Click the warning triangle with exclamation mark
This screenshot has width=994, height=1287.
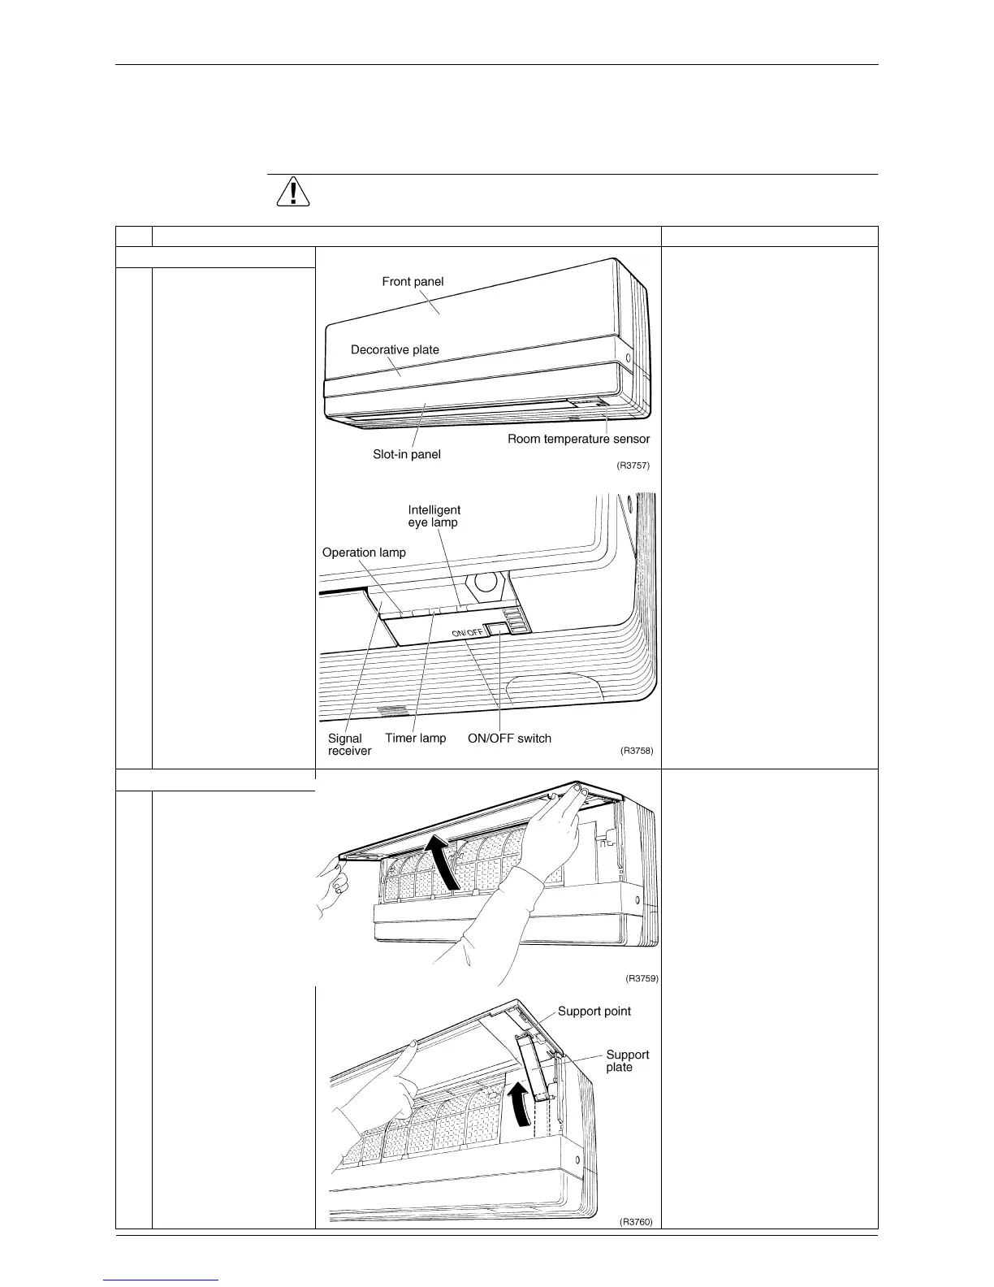[x=293, y=191]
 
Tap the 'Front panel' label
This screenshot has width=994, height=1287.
[x=413, y=281]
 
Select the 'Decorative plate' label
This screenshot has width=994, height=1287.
[x=395, y=349]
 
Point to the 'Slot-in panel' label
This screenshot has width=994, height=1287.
[x=407, y=454]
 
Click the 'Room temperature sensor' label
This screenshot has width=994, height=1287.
[x=578, y=439]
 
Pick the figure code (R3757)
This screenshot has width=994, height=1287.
[x=633, y=466]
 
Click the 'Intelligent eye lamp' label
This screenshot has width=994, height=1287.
[x=434, y=516]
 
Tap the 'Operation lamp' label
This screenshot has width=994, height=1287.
[x=364, y=552]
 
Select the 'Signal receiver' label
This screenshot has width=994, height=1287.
[x=349, y=744]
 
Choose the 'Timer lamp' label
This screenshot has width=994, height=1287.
[x=416, y=738]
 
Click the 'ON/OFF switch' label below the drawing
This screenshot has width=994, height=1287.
[x=509, y=739]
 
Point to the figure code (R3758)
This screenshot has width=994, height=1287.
[x=637, y=751]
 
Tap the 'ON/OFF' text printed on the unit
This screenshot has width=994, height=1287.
[x=468, y=633]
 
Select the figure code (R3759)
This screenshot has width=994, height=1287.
[x=642, y=978]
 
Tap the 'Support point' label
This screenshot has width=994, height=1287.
[x=594, y=1011]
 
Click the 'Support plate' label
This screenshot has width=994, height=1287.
[x=628, y=1061]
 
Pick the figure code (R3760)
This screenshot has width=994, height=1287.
[x=636, y=1222]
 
